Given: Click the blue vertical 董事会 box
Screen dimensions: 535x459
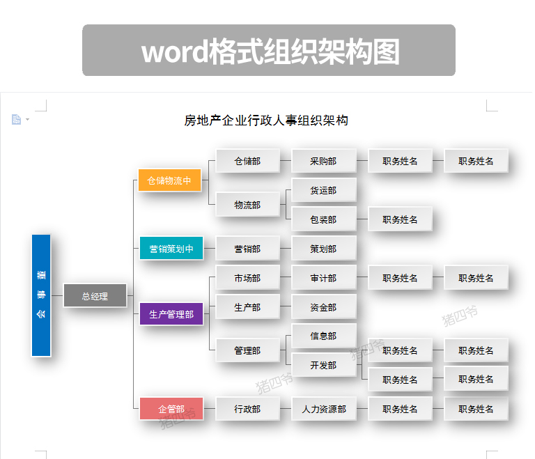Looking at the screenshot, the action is [41, 295].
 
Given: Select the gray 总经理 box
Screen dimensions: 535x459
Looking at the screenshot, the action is [95, 295].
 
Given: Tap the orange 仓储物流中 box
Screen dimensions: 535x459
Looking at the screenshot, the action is [169, 180].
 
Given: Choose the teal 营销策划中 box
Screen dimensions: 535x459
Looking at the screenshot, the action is [171, 248].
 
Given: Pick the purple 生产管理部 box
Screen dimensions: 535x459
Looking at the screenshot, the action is [171, 313].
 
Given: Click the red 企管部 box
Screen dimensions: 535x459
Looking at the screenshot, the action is [171, 408].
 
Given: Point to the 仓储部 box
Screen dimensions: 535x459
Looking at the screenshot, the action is [248, 161].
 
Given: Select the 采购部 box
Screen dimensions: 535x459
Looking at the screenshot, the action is [324, 161].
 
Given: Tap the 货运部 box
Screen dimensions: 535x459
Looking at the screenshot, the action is [324, 189].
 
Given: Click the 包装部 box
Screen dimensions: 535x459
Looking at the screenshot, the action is [324, 219].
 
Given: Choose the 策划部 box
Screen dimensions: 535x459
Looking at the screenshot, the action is [324, 249].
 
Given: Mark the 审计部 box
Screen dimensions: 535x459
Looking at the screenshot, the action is [324, 278].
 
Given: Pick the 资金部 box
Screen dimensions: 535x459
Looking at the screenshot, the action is [324, 306].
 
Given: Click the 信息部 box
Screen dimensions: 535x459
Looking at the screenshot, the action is [324, 336].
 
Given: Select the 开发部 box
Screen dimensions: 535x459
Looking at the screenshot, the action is [324, 365].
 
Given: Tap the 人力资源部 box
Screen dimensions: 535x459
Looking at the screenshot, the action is [324, 408].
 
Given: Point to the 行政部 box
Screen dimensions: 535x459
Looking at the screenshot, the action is [248, 408].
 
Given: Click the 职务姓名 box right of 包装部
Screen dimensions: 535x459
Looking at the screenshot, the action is [400, 219].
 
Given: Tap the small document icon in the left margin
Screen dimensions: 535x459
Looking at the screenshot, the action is [17, 119].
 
